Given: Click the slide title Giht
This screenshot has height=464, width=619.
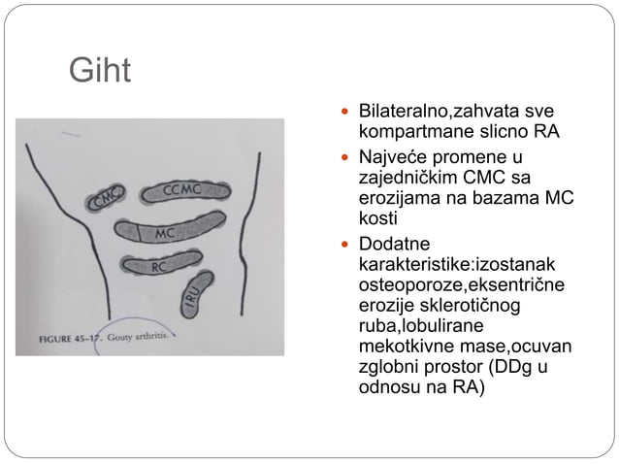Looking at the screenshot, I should click(x=99, y=70).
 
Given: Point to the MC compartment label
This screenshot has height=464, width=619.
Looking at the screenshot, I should click(x=166, y=233).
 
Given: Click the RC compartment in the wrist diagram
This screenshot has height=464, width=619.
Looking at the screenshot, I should click(x=159, y=264).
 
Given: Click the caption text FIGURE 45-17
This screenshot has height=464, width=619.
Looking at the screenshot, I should click(x=71, y=341).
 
